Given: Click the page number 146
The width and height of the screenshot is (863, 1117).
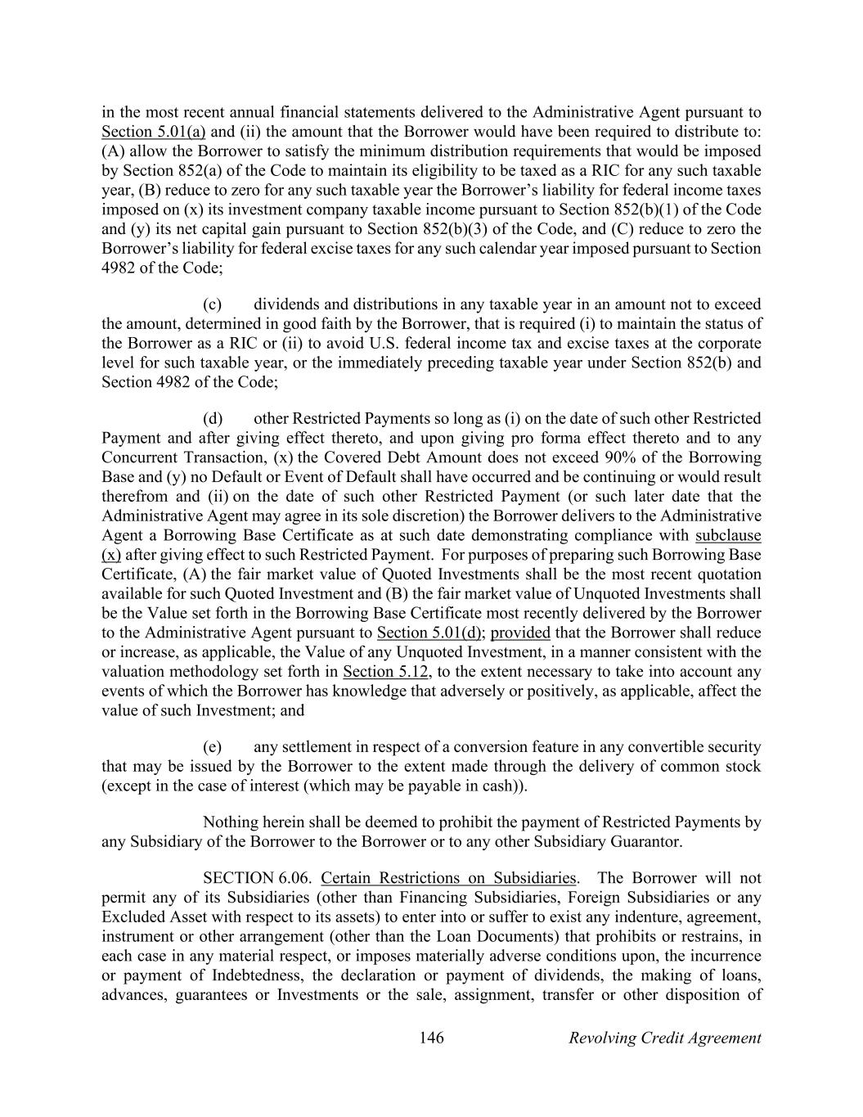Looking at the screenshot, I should click(x=431, y=1038).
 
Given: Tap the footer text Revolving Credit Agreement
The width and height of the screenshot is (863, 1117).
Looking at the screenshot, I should click(x=664, y=1038).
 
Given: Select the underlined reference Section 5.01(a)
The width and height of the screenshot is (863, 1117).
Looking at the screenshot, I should click(x=153, y=132).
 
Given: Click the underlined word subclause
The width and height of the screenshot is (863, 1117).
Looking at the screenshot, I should click(x=727, y=535).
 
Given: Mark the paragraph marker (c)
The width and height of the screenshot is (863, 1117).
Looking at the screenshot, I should click(x=212, y=304).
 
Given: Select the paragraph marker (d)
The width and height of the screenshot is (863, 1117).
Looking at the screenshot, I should click(x=212, y=418).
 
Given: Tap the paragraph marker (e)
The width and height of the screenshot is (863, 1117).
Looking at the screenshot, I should click(x=212, y=747).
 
